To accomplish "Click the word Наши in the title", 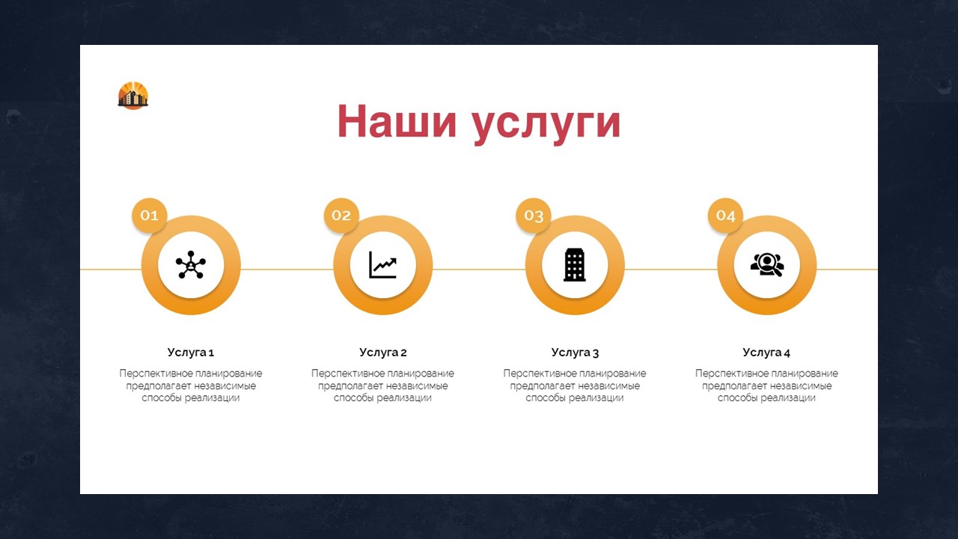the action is (397, 121).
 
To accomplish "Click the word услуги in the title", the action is (546, 126).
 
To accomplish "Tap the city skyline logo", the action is (133, 95).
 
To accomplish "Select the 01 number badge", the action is (149, 215).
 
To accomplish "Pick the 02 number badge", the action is (341, 215).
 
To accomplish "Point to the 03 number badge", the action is (534, 215).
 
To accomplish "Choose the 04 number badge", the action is (725, 215).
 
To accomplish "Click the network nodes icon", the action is (191, 265).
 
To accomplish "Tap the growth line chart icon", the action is (382, 265).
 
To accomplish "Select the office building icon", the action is (574, 265).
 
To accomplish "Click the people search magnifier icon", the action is (767, 265).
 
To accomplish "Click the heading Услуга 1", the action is (191, 353).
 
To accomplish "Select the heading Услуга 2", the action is (382, 353).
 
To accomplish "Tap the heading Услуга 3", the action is (575, 353).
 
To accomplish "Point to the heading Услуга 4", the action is (766, 353).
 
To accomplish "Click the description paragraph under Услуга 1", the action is (191, 386).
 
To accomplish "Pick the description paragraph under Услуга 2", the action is (382, 386).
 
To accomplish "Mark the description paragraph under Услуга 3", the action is (575, 386).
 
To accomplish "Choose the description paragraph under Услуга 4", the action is (767, 386).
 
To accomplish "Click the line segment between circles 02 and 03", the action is (479, 269).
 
